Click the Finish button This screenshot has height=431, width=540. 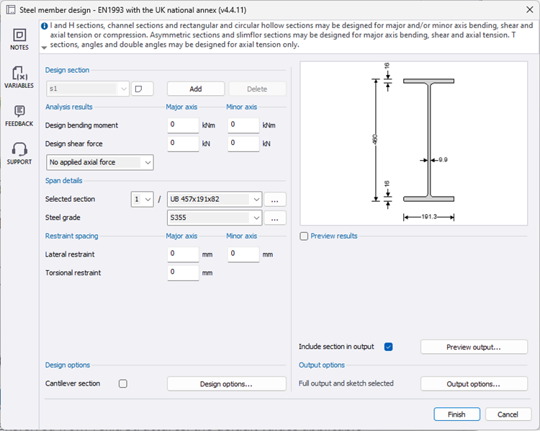456,414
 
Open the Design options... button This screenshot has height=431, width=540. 226,384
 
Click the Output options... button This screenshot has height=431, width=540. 474,384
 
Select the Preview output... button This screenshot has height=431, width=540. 474,347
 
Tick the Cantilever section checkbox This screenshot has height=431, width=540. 123,384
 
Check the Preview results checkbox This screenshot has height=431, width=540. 305,236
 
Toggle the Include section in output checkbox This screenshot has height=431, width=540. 389,347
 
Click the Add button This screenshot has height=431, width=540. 196,89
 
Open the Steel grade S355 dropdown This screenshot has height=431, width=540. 215,218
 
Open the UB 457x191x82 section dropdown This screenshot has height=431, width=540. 215,199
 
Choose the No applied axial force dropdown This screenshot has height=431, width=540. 99,162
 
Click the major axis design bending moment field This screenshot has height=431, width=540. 184,125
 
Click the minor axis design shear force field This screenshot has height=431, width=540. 243,143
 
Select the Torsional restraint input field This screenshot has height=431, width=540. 184,272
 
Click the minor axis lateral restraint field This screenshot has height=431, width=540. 243,254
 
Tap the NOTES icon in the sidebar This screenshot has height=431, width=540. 19,39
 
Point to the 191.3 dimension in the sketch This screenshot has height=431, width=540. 429,216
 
